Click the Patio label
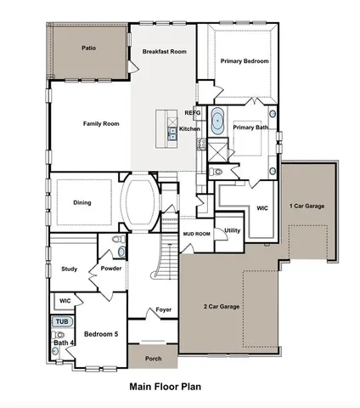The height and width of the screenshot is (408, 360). pos(88,48)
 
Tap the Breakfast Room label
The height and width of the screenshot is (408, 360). pos(164,52)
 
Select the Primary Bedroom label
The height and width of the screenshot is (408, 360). pos(245,61)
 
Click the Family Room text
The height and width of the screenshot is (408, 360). pos(101,124)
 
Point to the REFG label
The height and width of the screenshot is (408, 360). pos(193,113)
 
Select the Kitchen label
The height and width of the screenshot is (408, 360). pos(188,128)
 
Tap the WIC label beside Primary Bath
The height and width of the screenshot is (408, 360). pos(262,207)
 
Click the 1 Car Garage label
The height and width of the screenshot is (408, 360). pos(307,207)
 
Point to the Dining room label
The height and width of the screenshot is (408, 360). pos(82,202)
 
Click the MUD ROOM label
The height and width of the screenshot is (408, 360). pos(197,233)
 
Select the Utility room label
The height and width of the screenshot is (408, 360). pos(233,230)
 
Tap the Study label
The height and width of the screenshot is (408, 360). pos(70,269)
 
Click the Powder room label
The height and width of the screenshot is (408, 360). pos(111,269)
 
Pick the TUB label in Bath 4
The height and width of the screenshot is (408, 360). pos(61,322)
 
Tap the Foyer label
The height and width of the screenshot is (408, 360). pos(164,310)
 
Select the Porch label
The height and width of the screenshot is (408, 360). pos(153,359)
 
